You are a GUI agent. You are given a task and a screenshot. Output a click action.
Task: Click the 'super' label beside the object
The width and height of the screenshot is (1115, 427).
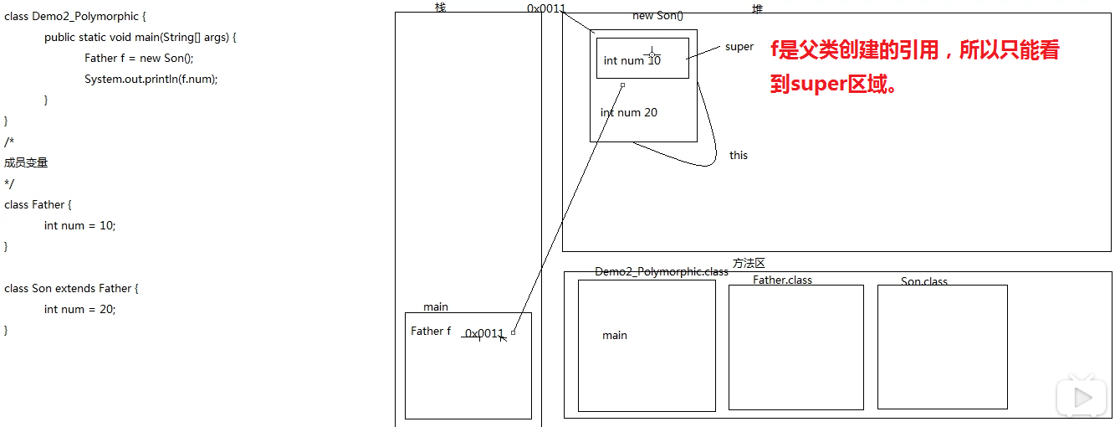739,47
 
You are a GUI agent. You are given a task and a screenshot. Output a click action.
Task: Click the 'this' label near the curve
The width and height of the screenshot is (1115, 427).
739,155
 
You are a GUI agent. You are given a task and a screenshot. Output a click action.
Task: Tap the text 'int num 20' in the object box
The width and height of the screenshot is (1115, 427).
629,112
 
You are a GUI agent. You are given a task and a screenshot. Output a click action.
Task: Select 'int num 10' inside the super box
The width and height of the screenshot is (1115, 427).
632,60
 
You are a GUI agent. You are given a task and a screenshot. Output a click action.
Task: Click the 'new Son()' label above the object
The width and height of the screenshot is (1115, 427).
657,16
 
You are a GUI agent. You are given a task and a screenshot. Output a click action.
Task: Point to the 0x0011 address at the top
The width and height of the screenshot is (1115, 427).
546,8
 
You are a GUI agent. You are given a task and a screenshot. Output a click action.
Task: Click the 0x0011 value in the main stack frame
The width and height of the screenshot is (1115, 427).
484,333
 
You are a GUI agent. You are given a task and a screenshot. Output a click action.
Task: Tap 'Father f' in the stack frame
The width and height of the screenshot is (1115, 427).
431,331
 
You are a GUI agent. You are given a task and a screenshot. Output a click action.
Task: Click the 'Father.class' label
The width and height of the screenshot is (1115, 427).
782,280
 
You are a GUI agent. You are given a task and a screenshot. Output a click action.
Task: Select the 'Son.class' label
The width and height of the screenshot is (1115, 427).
924,281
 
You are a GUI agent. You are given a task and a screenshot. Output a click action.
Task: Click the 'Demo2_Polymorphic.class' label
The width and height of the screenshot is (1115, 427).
662,271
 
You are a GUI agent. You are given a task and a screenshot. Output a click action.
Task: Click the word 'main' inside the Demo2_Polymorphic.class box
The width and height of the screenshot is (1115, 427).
615,335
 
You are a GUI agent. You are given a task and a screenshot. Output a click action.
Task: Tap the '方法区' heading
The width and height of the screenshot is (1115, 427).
749,263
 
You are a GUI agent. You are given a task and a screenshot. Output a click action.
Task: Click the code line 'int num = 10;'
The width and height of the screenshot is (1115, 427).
80,225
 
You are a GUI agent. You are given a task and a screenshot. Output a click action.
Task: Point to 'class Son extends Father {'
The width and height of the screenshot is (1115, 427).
71,288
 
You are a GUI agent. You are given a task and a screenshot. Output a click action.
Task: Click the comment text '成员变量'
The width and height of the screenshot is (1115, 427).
26,162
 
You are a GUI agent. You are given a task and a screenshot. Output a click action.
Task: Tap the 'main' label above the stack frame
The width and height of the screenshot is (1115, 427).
436,307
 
